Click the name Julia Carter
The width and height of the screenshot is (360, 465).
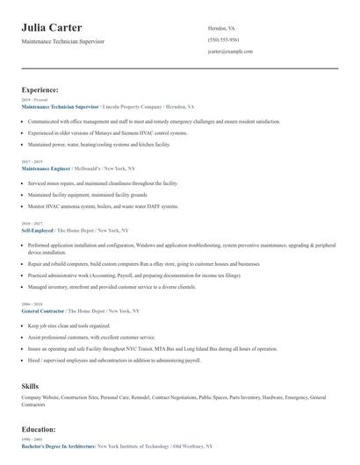coord(58,28)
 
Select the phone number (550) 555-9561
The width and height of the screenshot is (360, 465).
coord(223,39)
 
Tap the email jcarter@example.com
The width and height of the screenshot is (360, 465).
coord(230,52)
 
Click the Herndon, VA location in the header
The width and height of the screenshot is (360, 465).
coord(221,28)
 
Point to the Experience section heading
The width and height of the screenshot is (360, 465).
coord(40,89)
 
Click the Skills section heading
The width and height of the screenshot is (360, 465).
coord(30,385)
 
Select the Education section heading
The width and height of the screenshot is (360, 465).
coord(40,430)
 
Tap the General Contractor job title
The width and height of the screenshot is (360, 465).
coord(44,311)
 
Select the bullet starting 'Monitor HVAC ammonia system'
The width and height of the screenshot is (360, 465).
coord(103,206)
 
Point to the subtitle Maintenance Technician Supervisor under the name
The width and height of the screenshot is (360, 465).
coord(63,41)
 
